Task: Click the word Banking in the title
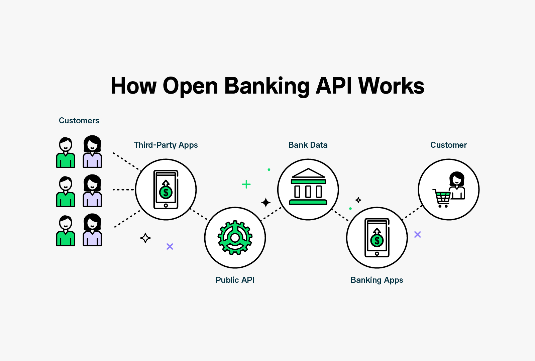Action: (x=267, y=86)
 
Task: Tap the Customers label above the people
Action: (x=79, y=121)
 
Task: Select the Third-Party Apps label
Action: (x=166, y=145)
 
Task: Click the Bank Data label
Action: (x=308, y=145)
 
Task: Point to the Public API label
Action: (x=235, y=280)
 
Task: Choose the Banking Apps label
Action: (x=377, y=280)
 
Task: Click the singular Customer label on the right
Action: (x=448, y=145)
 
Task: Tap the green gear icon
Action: (x=235, y=238)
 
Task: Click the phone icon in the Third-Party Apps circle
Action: (x=166, y=189)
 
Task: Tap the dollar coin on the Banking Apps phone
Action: (x=377, y=240)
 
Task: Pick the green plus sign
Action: (x=246, y=184)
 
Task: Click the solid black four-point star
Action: (x=266, y=203)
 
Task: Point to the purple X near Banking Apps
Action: (x=417, y=235)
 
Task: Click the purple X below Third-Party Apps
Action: (x=170, y=247)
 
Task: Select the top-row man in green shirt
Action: (x=66, y=153)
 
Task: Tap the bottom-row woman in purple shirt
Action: (x=92, y=230)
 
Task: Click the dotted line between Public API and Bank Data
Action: (x=271, y=214)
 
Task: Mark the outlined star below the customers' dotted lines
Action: (x=145, y=238)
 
